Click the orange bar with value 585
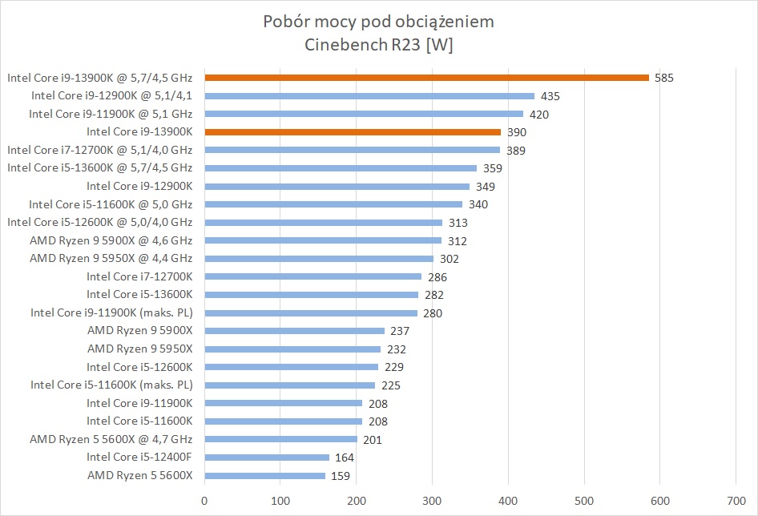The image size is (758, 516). click(426, 78)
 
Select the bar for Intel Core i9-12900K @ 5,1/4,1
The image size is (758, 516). click(369, 96)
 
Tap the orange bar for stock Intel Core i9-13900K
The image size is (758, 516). click(353, 131)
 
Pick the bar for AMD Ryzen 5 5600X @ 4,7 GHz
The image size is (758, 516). click(280, 439)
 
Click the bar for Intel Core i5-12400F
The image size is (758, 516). click(267, 458)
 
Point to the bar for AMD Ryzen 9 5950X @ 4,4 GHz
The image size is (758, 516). click(319, 258)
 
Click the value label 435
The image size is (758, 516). click(550, 96)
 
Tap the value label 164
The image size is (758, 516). click(345, 458)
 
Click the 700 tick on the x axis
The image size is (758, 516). click(736, 501)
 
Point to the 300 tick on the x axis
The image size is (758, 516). click(433, 501)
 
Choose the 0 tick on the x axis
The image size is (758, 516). click(205, 501)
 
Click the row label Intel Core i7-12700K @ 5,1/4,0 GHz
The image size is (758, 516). click(99, 150)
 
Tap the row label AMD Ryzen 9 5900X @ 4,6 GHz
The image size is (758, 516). click(111, 240)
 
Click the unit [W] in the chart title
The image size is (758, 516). click(440, 45)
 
